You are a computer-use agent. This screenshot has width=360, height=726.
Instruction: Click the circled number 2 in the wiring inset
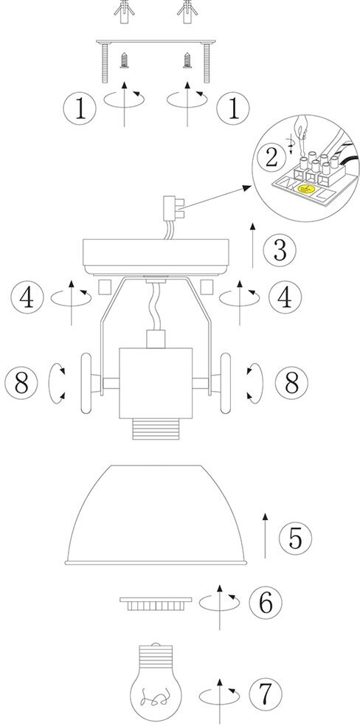[x=271, y=158]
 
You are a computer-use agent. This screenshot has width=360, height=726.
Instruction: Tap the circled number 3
[x=280, y=251]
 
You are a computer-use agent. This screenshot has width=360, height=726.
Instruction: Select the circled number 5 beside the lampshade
[x=295, y=538]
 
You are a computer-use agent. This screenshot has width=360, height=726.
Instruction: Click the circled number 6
[x=266, y=602]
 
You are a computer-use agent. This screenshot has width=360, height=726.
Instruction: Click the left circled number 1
[x=80, y=108]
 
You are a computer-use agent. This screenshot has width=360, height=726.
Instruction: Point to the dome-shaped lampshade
[x=156, y=515]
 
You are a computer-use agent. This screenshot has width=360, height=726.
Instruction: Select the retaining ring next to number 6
[x=156, y=604]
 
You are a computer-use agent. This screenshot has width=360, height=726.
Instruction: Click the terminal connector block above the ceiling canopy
[x=172, y=208]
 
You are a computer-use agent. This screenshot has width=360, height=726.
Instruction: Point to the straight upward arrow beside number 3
[x=252, y=246]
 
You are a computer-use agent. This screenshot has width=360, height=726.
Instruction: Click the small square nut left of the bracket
[x=105, y=286]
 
